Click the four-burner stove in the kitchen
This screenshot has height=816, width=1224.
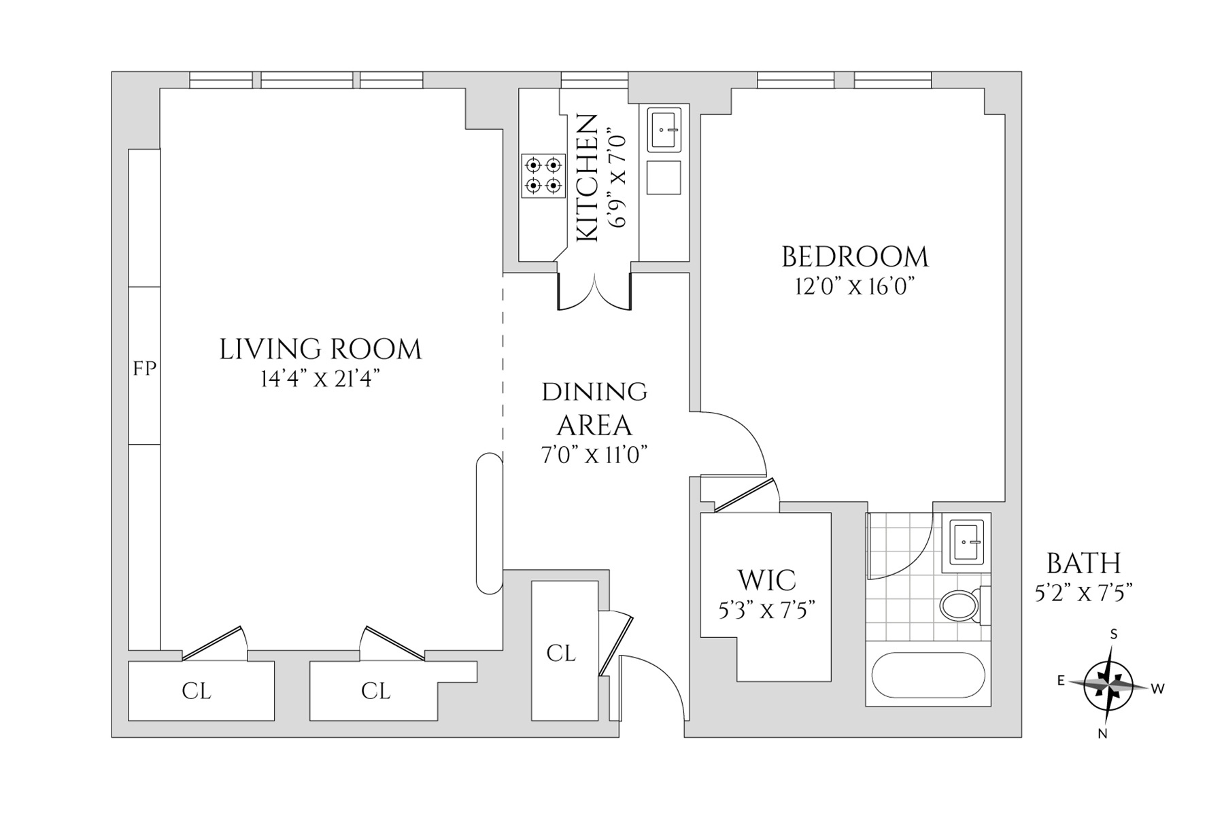tap(543, 175)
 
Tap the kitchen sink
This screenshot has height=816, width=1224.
tap(664, 129)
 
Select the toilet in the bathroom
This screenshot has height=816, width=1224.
tap(962, 604)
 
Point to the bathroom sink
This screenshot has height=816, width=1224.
tap(966, 542)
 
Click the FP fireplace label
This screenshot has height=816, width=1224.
tap(144, 369)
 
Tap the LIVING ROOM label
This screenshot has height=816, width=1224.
tap(320, 350)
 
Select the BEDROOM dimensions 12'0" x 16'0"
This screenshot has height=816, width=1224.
tap(853, 286)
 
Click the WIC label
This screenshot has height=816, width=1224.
tap(767, 581)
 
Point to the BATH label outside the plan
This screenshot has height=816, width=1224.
tap(1083, 564)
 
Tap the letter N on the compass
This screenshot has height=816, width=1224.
tap(1103, 734)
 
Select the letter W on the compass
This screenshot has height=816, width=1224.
tap(1158, 689)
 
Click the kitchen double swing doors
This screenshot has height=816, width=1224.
tap(595, 292)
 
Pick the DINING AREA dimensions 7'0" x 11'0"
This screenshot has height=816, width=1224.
tap(594, 454)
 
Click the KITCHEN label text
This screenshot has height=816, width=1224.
tap(586, 178)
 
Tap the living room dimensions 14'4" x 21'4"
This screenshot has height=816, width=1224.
tap(320, 379)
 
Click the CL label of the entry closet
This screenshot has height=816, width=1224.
tap(561, 653)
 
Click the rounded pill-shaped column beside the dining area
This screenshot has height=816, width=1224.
tap(489, 524)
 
